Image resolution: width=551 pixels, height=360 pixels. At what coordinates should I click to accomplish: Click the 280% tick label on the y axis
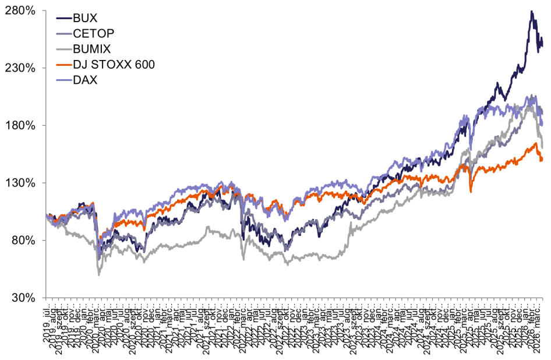[x=21, y=11]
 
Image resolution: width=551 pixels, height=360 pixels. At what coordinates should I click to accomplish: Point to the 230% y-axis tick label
[x=21, y=68]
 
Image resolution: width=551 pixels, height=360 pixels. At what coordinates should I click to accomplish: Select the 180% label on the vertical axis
[x=21, y=126]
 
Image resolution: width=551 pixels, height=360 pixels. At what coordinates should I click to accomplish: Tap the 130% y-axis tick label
[x=21, y=183]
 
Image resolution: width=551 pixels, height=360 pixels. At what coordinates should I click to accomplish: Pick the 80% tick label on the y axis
[x=23, y=240]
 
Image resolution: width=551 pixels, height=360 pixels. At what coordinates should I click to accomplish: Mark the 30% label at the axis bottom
[x=23, y=298]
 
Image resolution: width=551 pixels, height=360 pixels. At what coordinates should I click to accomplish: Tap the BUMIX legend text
[x=92, y=49]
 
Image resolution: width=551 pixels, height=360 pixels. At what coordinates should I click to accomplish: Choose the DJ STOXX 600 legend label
[x=114, y=64]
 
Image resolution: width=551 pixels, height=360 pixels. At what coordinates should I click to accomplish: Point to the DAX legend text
[x=86, y=79]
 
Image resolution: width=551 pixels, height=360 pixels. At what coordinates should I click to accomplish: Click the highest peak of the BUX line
[x=531, y=10]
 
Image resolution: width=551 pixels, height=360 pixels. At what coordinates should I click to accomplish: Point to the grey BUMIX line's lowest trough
[x=98, y=274]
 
